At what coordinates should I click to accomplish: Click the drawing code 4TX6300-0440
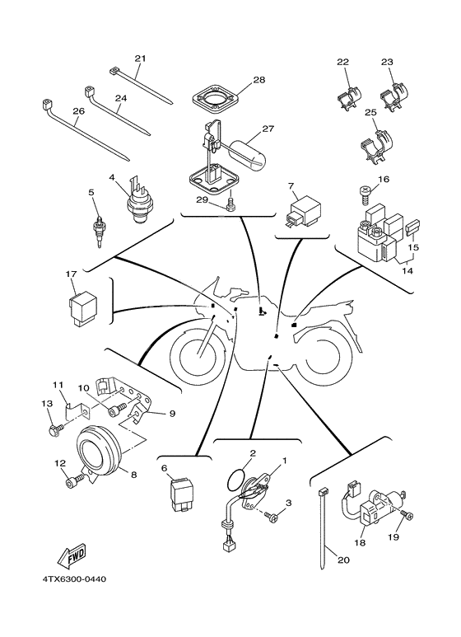(x=75, y=578)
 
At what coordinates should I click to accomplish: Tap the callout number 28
(x=258, y=80)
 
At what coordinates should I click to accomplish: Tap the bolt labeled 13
(x=54, y=429)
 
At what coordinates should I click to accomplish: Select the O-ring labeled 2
(x=237, y=479)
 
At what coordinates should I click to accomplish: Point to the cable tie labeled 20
(x=324, y=527)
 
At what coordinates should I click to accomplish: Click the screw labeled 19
(x=408, y=517)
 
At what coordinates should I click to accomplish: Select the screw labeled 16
(x=363, y=193)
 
